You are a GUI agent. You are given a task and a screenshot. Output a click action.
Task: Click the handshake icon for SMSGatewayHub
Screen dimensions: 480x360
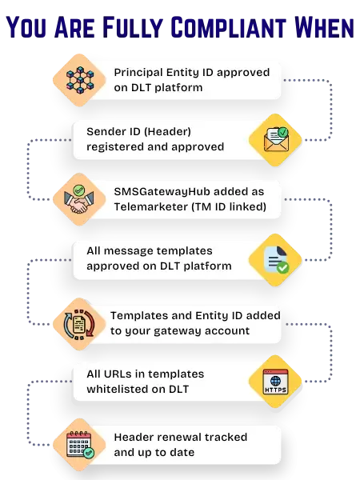[80, 199]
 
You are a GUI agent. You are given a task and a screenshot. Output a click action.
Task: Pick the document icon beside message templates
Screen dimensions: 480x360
[276, 258]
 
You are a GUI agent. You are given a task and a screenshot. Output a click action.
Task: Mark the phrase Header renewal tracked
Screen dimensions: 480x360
[180, 437]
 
